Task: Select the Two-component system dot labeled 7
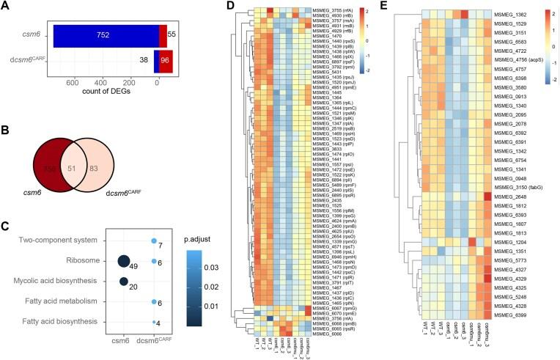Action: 152,240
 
